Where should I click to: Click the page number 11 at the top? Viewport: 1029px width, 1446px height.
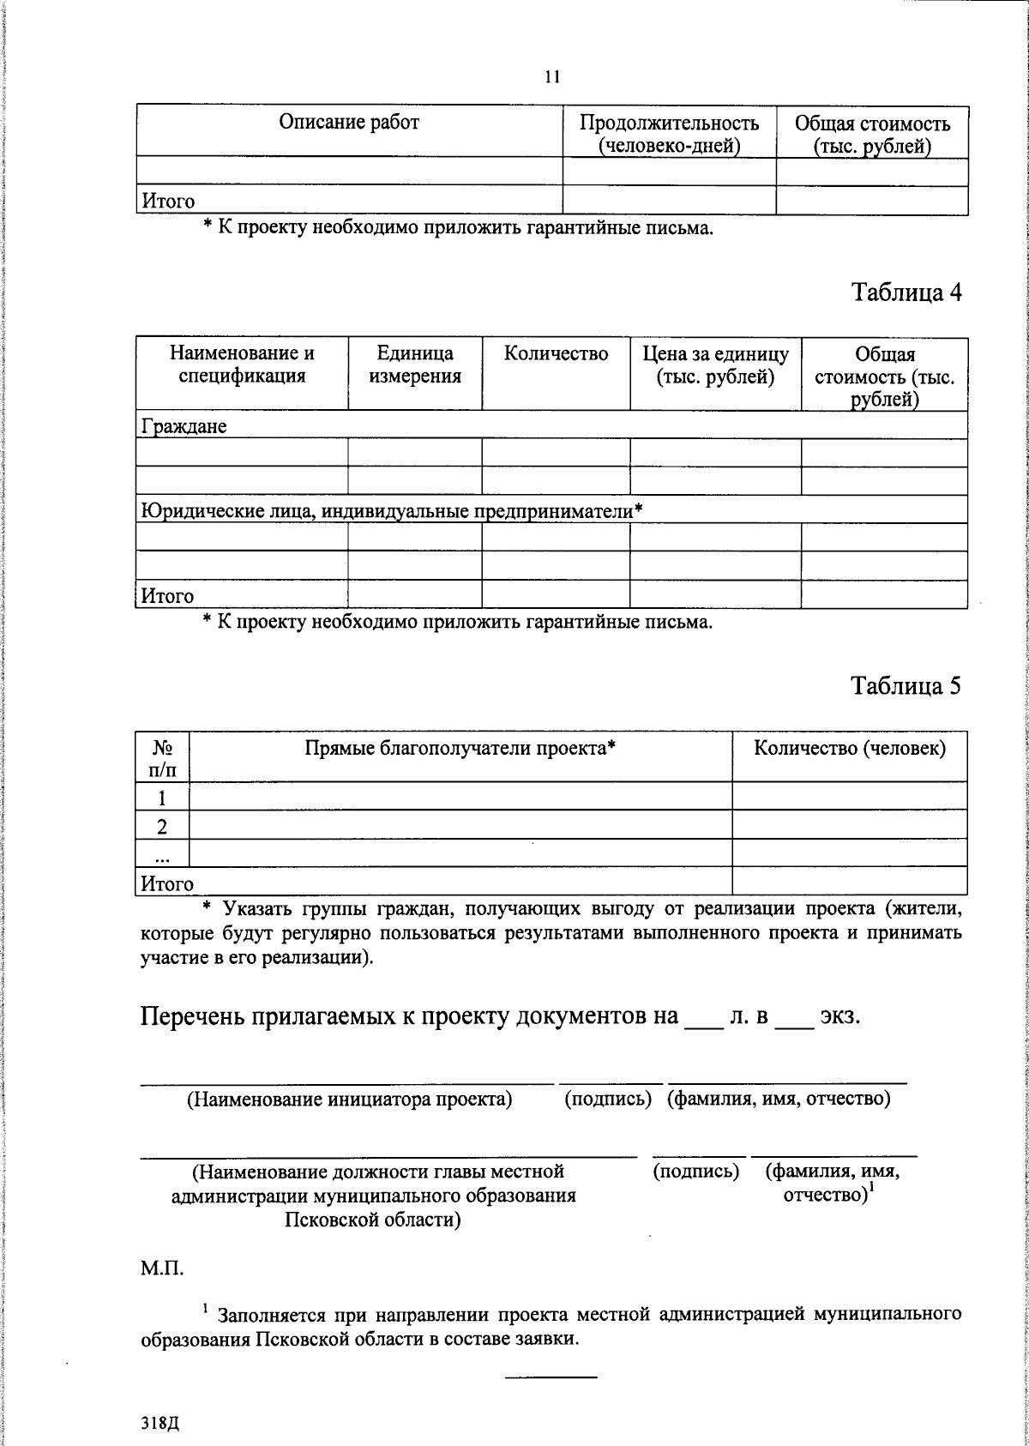tap(552, 77)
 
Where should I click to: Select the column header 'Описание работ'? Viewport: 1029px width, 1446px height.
tap(349, 123)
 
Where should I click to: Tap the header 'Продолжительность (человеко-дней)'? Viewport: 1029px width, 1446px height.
tap(669, 134)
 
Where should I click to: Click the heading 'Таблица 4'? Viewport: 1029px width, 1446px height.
tap(906, 292)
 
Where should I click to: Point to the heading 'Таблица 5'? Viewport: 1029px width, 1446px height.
tap(906, 685)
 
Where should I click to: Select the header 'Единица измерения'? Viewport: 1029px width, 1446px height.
tap(415, 365)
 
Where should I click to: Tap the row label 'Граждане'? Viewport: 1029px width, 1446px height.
tap(184, 426)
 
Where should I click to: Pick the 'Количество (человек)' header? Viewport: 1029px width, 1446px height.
tap(850, 748)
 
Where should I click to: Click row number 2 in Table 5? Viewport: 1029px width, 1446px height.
tap(161, 826)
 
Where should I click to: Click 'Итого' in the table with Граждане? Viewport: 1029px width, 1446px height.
tap(168, 595)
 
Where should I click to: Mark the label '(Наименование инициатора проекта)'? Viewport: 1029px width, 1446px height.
tap(349, 1100)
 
